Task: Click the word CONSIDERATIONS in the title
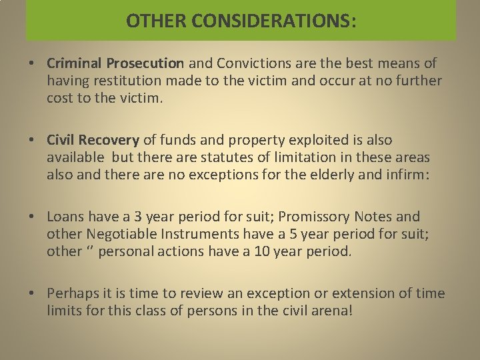[x=273, y=21]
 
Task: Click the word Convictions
[x=251, y=63]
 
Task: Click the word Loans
[x=65, y=217]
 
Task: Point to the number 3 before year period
[x=138, y=217]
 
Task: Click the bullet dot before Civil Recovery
[x=32, y=140]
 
